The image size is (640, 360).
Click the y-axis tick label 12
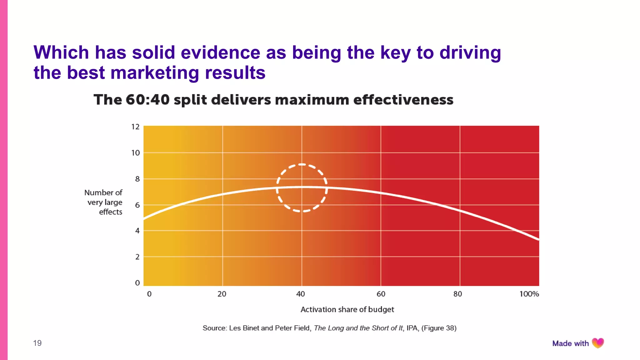pyautogui.click(x=135, y=127)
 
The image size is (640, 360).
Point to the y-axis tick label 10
pyautogui.click(x=135, y=153)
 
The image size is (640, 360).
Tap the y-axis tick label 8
pyautogui.click(x=137, y=179)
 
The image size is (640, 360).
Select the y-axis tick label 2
pyautogui.click(x=137, y=257)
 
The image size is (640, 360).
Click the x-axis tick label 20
pyautogui.click(x=222, y=294)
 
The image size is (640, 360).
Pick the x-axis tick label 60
pyautogui.click(x=381, y=294)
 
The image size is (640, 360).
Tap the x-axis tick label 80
pyautogui.click(x=457, y=294)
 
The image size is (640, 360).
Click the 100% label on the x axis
pyautogui.click(x=529, y=294)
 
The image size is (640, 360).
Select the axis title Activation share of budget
pyautogui.click(x=347, y=309)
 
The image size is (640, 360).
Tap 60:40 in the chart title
pyautogui.click(x=147, y=100)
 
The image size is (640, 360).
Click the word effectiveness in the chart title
pyautogui.click(x=403, y=100)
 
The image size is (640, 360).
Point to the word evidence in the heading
pyautogui.click(x=220, y=52)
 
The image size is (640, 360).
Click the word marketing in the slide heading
pyautogui.click(x=155, y=73)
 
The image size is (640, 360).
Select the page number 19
pyautogui.click(x=37, y=343)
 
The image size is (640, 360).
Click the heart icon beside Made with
pyautogui.click(x=598, y=343)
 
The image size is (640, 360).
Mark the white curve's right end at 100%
pyautogui.click(x=538, y=239)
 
